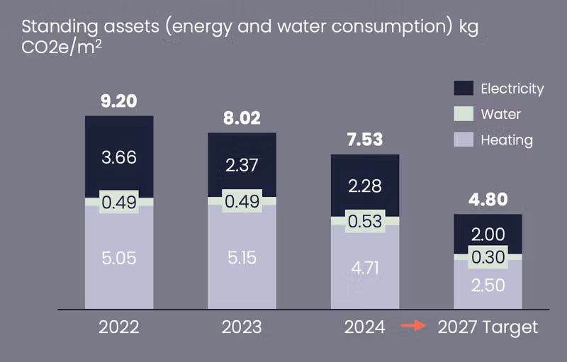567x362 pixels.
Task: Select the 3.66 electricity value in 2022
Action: pos(119,157)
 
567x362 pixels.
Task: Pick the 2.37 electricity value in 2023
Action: pos(242,165)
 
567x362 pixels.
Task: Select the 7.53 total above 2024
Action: pos(365,140)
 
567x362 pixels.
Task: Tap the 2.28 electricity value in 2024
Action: pos(365,186)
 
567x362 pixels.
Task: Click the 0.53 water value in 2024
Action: pos(365,221)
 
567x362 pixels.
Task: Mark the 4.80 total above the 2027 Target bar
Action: pos(488,200)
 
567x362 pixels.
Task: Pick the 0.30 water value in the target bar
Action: pos(488,256)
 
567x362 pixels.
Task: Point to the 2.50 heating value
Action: pos(488,285)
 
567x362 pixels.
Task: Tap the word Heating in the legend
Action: pos(506,140)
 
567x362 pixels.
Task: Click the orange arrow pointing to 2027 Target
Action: pos(412,327)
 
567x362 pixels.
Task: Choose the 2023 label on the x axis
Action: pos(242,327)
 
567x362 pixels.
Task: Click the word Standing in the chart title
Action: pos(55,27)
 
